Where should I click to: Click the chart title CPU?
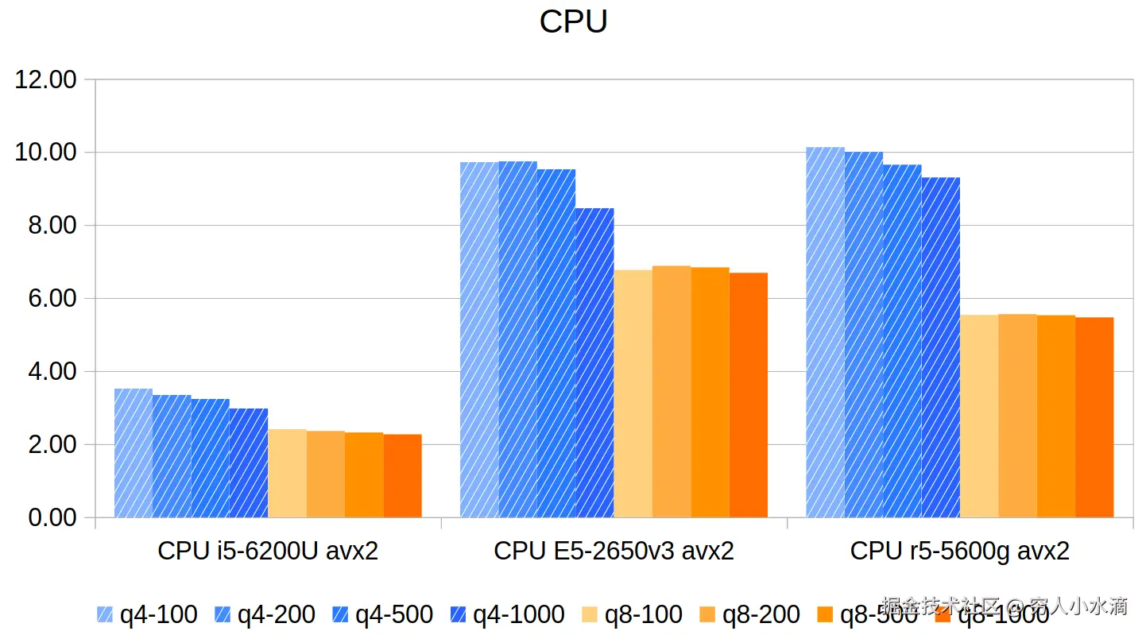(573, 22)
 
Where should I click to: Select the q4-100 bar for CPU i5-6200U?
(134, 453)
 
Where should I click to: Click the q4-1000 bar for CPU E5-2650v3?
(594, 362)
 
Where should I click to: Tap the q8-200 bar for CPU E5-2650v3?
(672, 391)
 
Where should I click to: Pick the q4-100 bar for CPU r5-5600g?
(825, 332)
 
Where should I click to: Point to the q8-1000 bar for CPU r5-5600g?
(1094, 417)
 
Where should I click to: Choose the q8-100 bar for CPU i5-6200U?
(287, 473)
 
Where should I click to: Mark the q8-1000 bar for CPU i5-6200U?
(402, 475)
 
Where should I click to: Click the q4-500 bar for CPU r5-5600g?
(902, 341)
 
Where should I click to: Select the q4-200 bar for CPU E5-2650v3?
(517, 339)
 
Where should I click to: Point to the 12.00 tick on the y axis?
(45, 79)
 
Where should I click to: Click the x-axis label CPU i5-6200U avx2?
(268, 551)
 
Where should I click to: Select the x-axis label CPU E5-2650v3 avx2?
(614, 551)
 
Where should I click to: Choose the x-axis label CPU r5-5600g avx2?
(959, 551)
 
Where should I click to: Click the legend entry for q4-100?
(147, 614)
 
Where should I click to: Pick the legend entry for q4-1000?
(507, 614)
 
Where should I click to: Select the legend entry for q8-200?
(749, 614)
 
